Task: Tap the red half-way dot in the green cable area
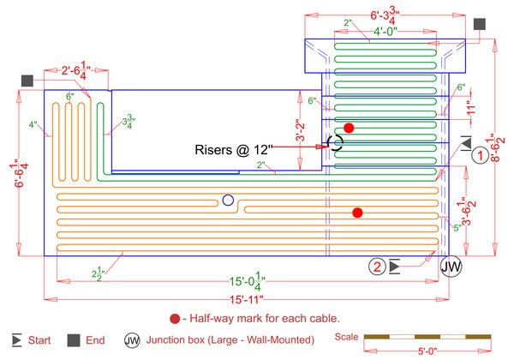(x=349, y=128)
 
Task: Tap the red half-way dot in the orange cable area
(x=358, y=212)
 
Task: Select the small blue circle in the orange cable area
(x=227, y=201)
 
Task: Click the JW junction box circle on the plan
(x=451, y=267)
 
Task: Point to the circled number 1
(x=481, y=155)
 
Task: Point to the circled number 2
(x=378, y=267)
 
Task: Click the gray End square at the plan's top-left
(x=27, y=81)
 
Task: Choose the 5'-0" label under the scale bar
(x=426, y=351)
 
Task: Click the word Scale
(x=347, y=336)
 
